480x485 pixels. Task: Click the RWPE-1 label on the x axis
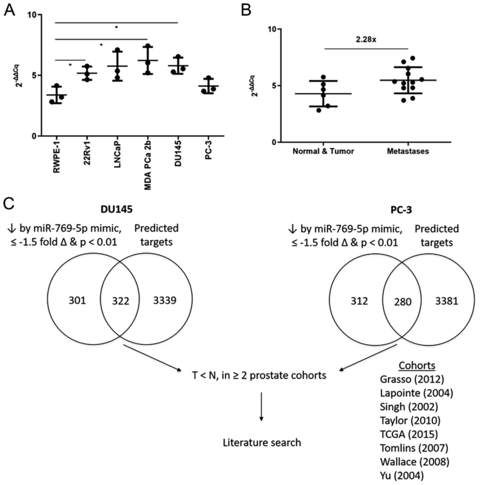click(56, 157)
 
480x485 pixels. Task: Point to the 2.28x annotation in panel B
click(366, 40)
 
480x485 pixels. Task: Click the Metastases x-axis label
click(408, 151)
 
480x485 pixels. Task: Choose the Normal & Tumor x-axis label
click(323, 151)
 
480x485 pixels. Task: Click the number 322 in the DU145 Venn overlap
click(120, 301)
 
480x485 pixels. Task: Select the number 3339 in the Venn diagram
click(165, 300)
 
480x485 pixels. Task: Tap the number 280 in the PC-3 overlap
click(403, 302)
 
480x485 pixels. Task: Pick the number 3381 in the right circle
click(447, 301)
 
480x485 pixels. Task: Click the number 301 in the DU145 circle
click(77, 300)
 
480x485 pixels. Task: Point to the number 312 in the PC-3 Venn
click(359, 301)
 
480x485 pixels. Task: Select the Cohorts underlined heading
click(417, 365)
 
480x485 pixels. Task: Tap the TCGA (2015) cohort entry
click(409, 434)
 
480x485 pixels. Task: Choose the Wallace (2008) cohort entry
click(414, 462)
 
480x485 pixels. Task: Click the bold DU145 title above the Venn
click(117, 209)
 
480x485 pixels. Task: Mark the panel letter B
click(246, 11)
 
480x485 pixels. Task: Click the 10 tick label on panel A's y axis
click(32, 15)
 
